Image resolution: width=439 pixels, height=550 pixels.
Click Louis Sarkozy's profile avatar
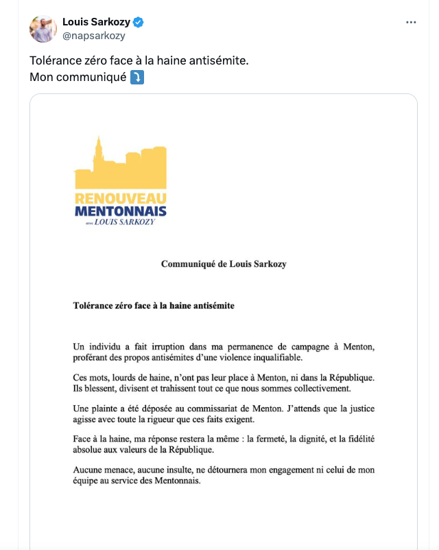(43, 29)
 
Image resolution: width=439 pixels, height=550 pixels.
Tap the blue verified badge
(138, 22)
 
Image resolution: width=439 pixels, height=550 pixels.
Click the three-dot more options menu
(411, 22)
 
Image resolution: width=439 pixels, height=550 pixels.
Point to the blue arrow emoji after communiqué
(137, 77)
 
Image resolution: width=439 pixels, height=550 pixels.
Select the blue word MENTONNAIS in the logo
(121, 210)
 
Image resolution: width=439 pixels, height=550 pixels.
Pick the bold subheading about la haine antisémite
(154, 305)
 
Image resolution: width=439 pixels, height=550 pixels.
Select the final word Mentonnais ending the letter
(174, 481)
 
